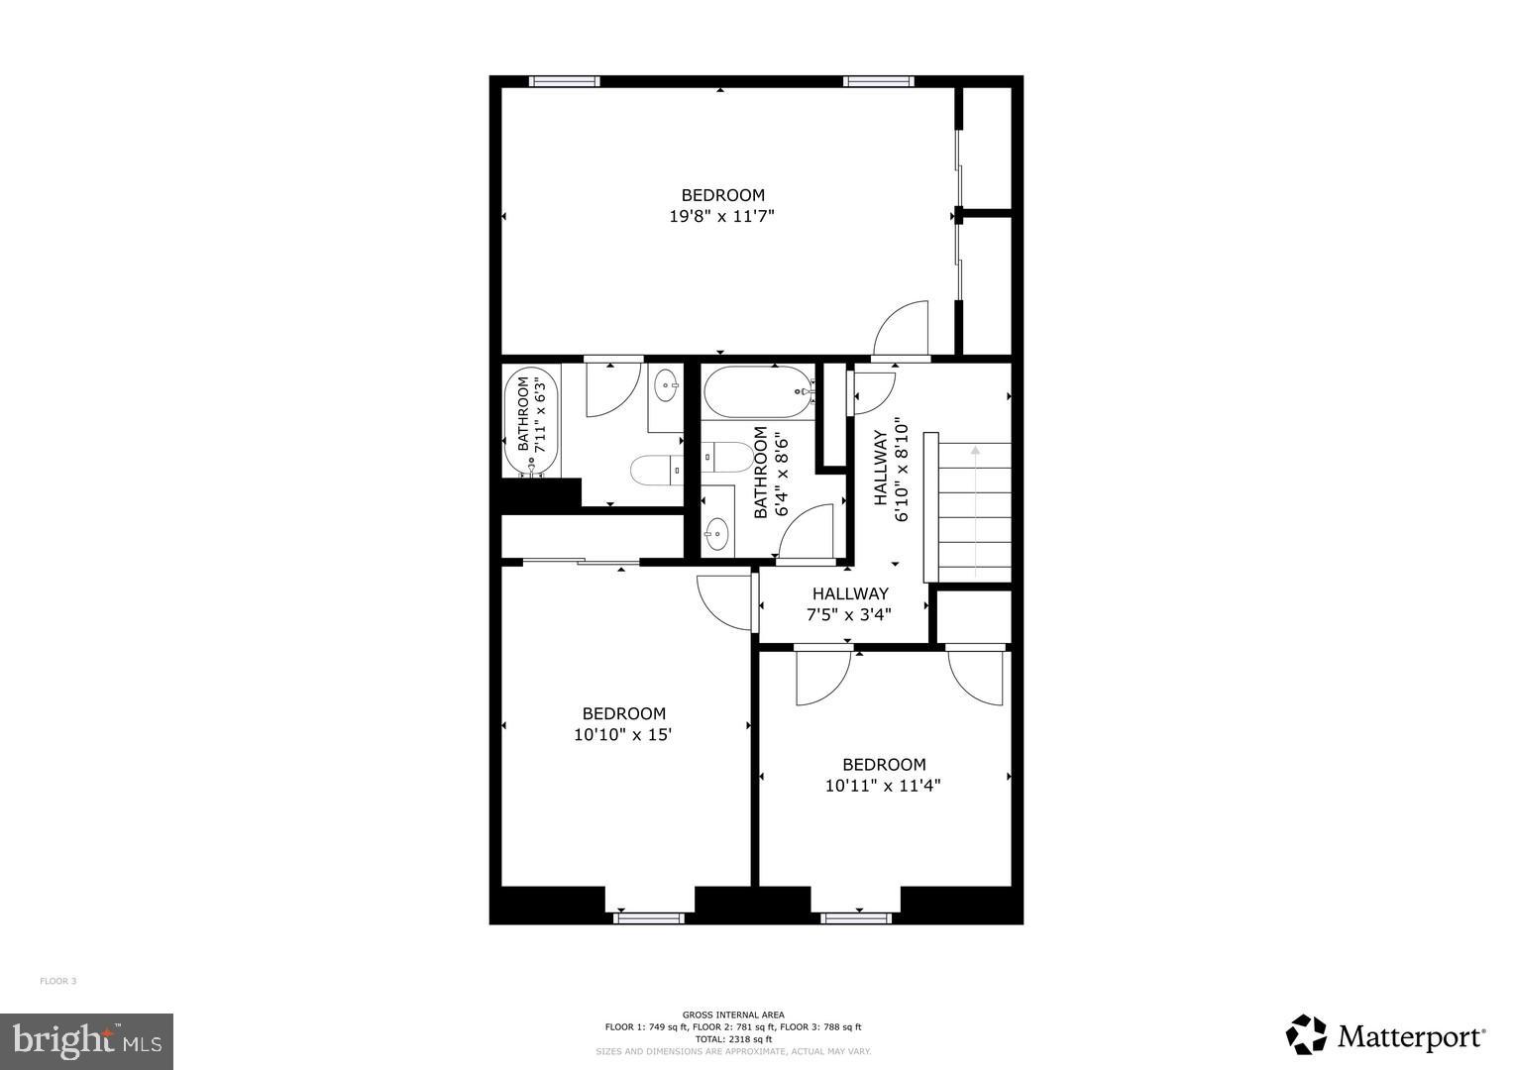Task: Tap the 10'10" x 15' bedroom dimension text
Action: (623, 735)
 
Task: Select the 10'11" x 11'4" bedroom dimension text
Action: (883, 786)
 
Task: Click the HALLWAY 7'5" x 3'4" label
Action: (849, 603)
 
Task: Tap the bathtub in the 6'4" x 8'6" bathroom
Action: (759, 390)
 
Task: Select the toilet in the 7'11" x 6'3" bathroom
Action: (655, 471)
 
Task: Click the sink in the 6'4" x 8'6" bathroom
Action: (717, 535)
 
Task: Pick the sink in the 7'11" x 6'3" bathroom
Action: (668, 387)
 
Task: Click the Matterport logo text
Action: (1411, 1037)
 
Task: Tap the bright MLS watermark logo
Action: (86, 1040)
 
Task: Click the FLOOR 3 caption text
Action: (57, 981)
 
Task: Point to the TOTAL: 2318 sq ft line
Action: (733, 1039)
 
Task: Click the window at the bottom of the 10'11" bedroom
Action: (856, 918)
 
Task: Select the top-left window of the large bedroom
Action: (564, 81)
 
